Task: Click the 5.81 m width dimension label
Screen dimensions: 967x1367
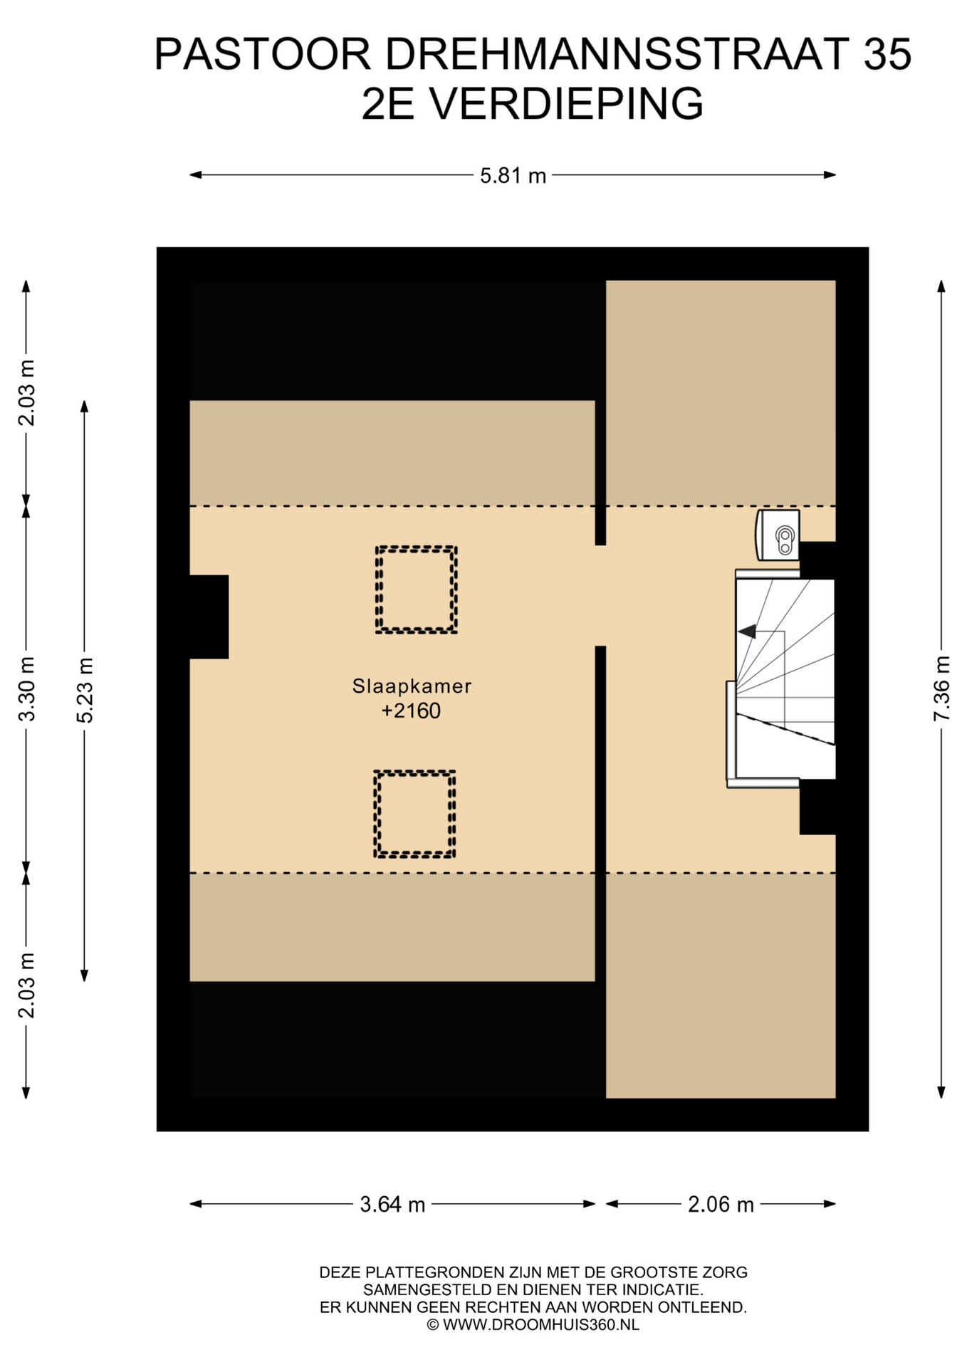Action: coord(513,175)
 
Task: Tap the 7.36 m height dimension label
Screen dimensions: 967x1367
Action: coord(941,688)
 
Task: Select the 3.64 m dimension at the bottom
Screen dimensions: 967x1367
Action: coord(392,1205)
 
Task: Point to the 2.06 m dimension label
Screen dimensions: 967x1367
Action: coord(721,1205)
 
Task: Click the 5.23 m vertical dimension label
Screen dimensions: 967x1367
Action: coord(85,690)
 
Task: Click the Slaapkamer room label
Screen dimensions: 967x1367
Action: coord(412,686)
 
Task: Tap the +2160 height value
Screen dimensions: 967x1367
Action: coord(411,711)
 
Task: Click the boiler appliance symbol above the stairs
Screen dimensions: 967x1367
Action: coord(778,535)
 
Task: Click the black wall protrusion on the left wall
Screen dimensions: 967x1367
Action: coord(209,617)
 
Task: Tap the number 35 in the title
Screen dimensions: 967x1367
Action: coord(887,54)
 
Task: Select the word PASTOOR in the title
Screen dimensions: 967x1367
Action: coord(263,54)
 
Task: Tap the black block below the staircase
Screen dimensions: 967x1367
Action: coord(817,807)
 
